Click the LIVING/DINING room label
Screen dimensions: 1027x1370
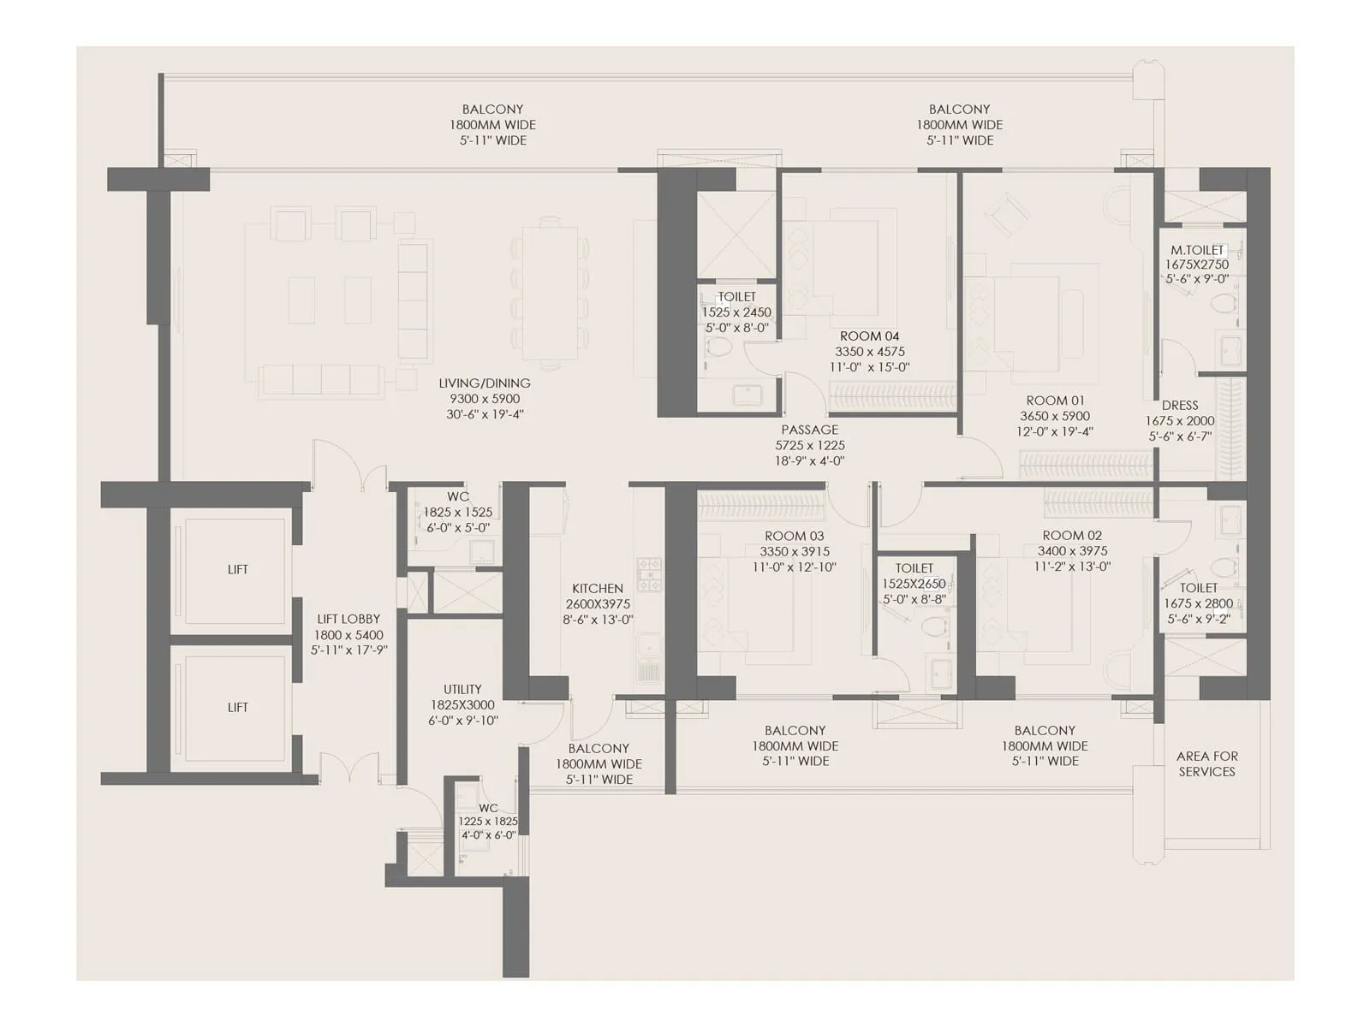[x=485, y=383]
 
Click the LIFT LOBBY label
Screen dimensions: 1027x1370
[x=348, y=619]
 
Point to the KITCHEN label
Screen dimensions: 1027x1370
[x=598, y=589]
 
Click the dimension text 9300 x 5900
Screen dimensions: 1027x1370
[x=485, y=399]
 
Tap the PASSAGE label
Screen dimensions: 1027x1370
[x=809, y=430]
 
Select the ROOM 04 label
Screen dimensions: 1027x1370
[x=869, y=336]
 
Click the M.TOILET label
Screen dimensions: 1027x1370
[x=1197, y=250]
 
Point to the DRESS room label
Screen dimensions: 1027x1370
[x=1180, y=406]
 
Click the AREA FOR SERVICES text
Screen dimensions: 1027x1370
[x=1206, y=763]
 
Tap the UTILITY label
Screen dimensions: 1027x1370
[x=462, y=689]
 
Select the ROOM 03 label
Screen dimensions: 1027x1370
[x=795, y=536]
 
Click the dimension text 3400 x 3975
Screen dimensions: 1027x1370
[x=1072, y=551]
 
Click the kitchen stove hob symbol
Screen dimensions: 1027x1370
[x=648, y=574]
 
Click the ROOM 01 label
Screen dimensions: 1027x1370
[x=1055, y=401]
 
